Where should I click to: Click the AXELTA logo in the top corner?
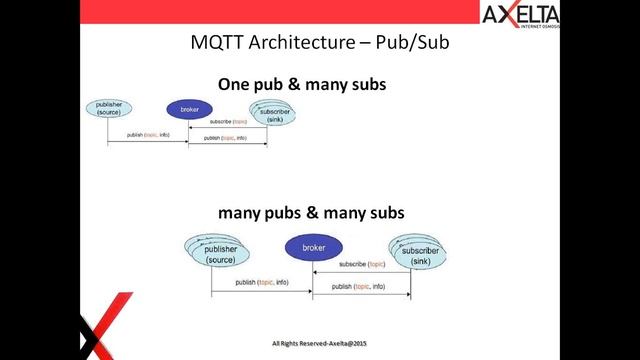519,17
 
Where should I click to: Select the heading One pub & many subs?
302,85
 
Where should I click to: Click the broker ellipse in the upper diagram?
187,109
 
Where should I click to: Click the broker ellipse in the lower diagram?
314,247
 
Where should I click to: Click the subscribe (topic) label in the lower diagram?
361,265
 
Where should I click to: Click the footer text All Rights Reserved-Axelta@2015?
317,343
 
